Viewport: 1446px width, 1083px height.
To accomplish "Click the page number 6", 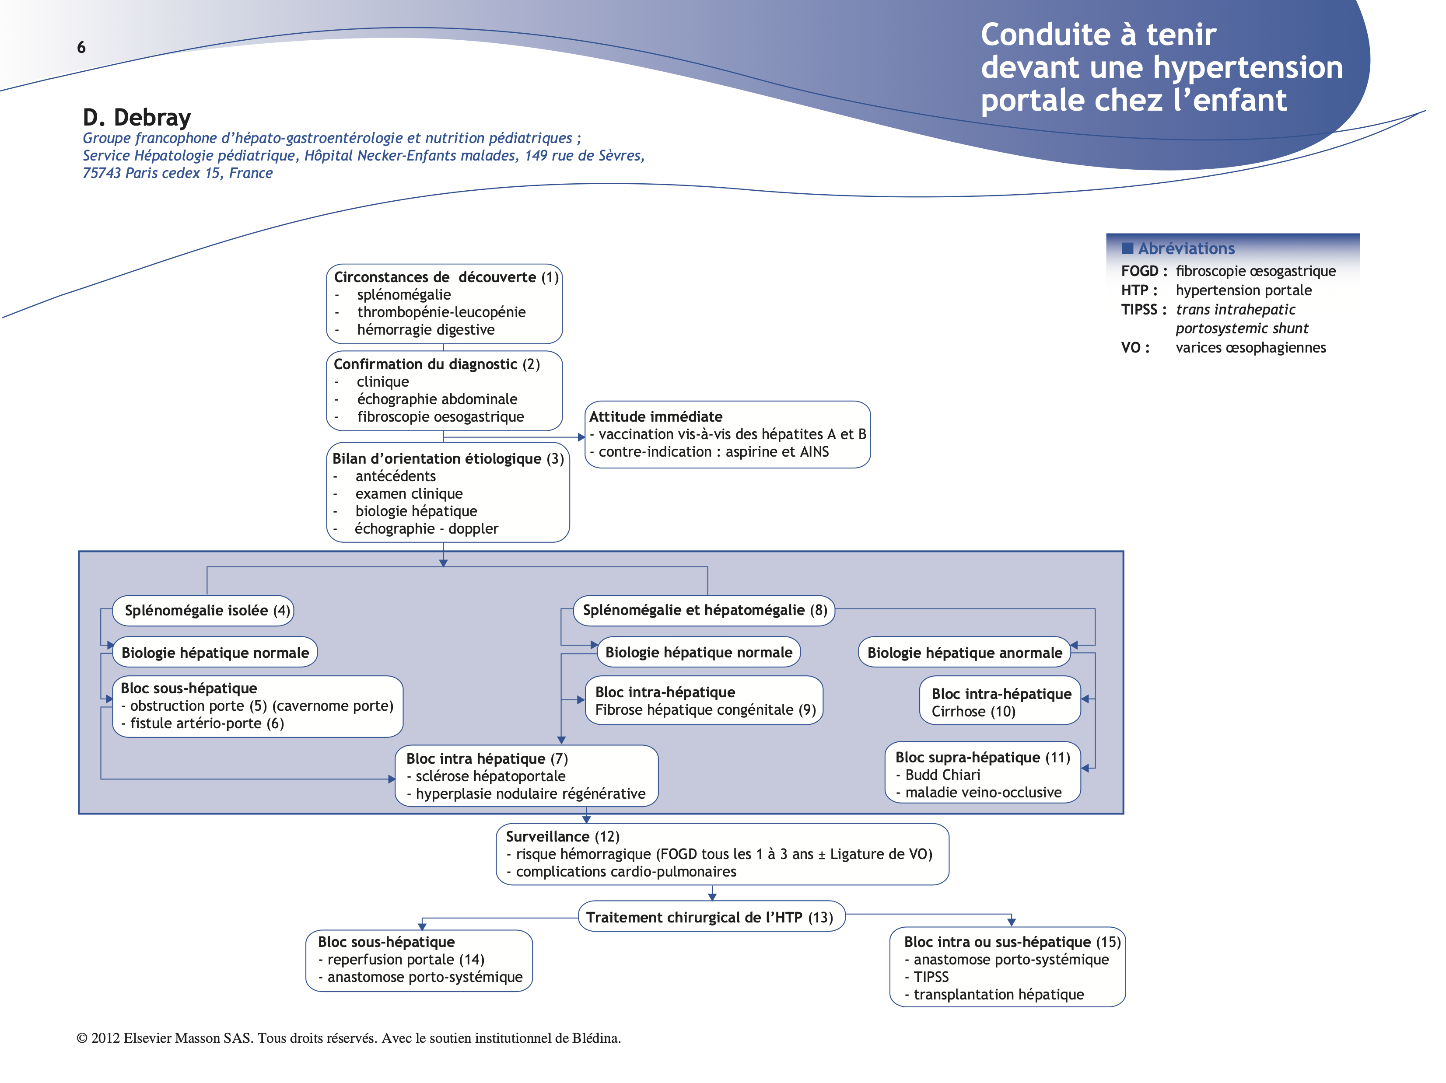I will [x=81, y=47].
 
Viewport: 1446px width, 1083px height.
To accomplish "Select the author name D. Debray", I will [x=137, y=118].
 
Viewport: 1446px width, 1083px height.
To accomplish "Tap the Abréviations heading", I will [x=1185, y=248].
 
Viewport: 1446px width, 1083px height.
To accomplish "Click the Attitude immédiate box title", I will [x=656, y=417].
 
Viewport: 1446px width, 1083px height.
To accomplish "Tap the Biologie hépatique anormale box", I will [x=964, y=652].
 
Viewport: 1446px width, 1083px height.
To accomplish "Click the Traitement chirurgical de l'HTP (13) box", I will [x=711, y=917].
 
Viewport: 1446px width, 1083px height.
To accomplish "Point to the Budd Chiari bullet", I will [x=942, y=775].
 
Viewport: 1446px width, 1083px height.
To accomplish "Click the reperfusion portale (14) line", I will [x=405, y=960].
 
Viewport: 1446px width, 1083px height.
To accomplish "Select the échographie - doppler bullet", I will [x=426, y=529].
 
